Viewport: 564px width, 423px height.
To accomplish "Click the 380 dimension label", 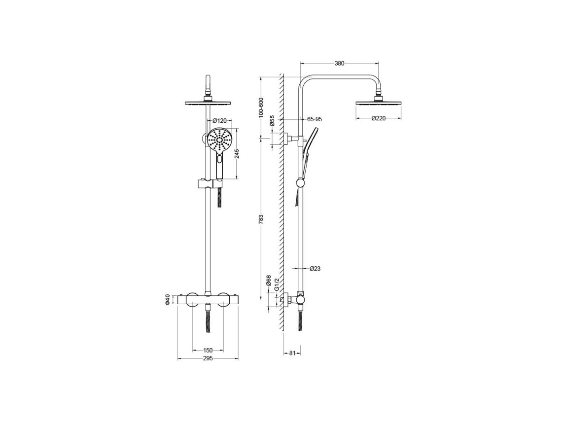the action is pos(339,64).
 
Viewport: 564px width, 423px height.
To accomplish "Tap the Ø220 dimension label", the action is pos(379,118).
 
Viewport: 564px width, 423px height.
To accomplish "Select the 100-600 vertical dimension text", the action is pos(261,107).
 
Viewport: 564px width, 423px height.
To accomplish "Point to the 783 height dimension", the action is pos(261,219).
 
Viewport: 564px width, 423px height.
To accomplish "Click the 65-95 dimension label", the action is pos(315,119).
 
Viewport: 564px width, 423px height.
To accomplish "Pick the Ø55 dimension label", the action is pos(272,120).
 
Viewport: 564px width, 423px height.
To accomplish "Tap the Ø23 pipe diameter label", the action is pos(315,269).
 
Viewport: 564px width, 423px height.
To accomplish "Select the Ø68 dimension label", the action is pos(268,281).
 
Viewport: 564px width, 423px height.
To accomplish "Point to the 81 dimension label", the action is pos(292,353).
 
